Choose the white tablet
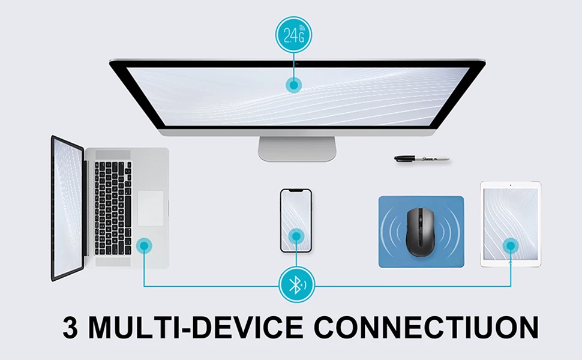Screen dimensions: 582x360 point(510,223)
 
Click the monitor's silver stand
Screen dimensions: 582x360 point(296,148)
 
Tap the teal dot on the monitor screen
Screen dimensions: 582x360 point(293,86)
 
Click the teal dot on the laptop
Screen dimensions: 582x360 point(143,245)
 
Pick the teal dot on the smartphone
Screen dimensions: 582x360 point(295,236)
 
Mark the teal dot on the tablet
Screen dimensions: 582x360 point(511,245)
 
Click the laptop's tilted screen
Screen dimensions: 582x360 point(67,208)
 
